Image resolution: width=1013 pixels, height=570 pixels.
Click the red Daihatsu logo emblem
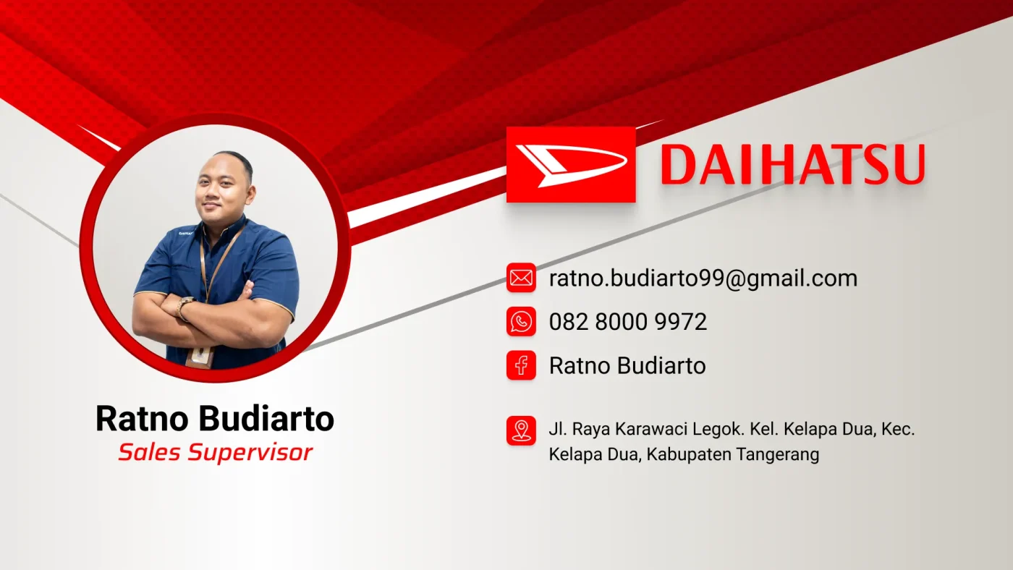[x=571, y=164]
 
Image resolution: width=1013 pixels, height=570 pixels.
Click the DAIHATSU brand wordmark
[x=792, y=164]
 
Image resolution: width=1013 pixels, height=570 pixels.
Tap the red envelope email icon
[x=521, y=278]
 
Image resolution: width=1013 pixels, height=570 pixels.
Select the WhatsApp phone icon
[x=521, y=321]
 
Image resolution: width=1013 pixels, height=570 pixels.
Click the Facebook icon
[x=521, y=365]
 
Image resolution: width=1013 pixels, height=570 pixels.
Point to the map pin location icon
[x=521, y=431]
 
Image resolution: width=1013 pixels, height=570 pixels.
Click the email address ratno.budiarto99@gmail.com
[x=703, y=278]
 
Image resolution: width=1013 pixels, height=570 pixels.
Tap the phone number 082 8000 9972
[x=628, y=322]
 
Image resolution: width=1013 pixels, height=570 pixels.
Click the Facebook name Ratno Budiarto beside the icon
[x=627, y=365]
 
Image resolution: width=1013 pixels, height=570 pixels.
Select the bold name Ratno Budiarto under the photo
[x=215, y=419]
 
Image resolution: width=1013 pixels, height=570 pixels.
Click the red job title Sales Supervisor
[x=216, y=453]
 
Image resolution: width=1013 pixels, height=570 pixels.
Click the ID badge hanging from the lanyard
[x=200, y=357]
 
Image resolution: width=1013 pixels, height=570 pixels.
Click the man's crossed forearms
[x=213, y=316]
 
